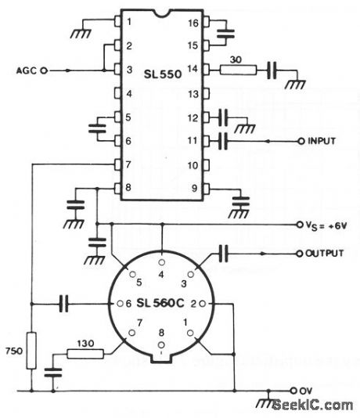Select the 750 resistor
pos(31,349)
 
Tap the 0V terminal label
pos(310,389)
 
